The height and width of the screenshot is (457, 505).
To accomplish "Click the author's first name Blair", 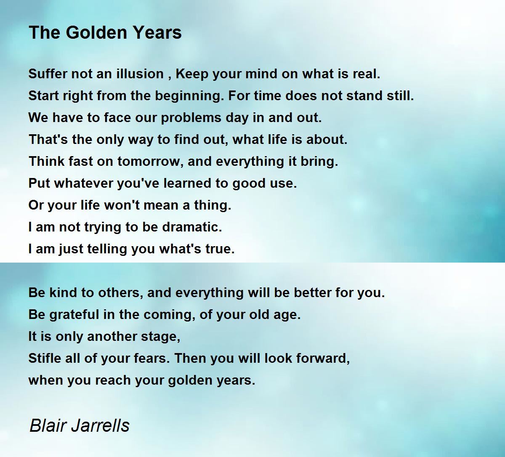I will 47,425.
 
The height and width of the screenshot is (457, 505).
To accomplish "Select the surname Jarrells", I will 100,425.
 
